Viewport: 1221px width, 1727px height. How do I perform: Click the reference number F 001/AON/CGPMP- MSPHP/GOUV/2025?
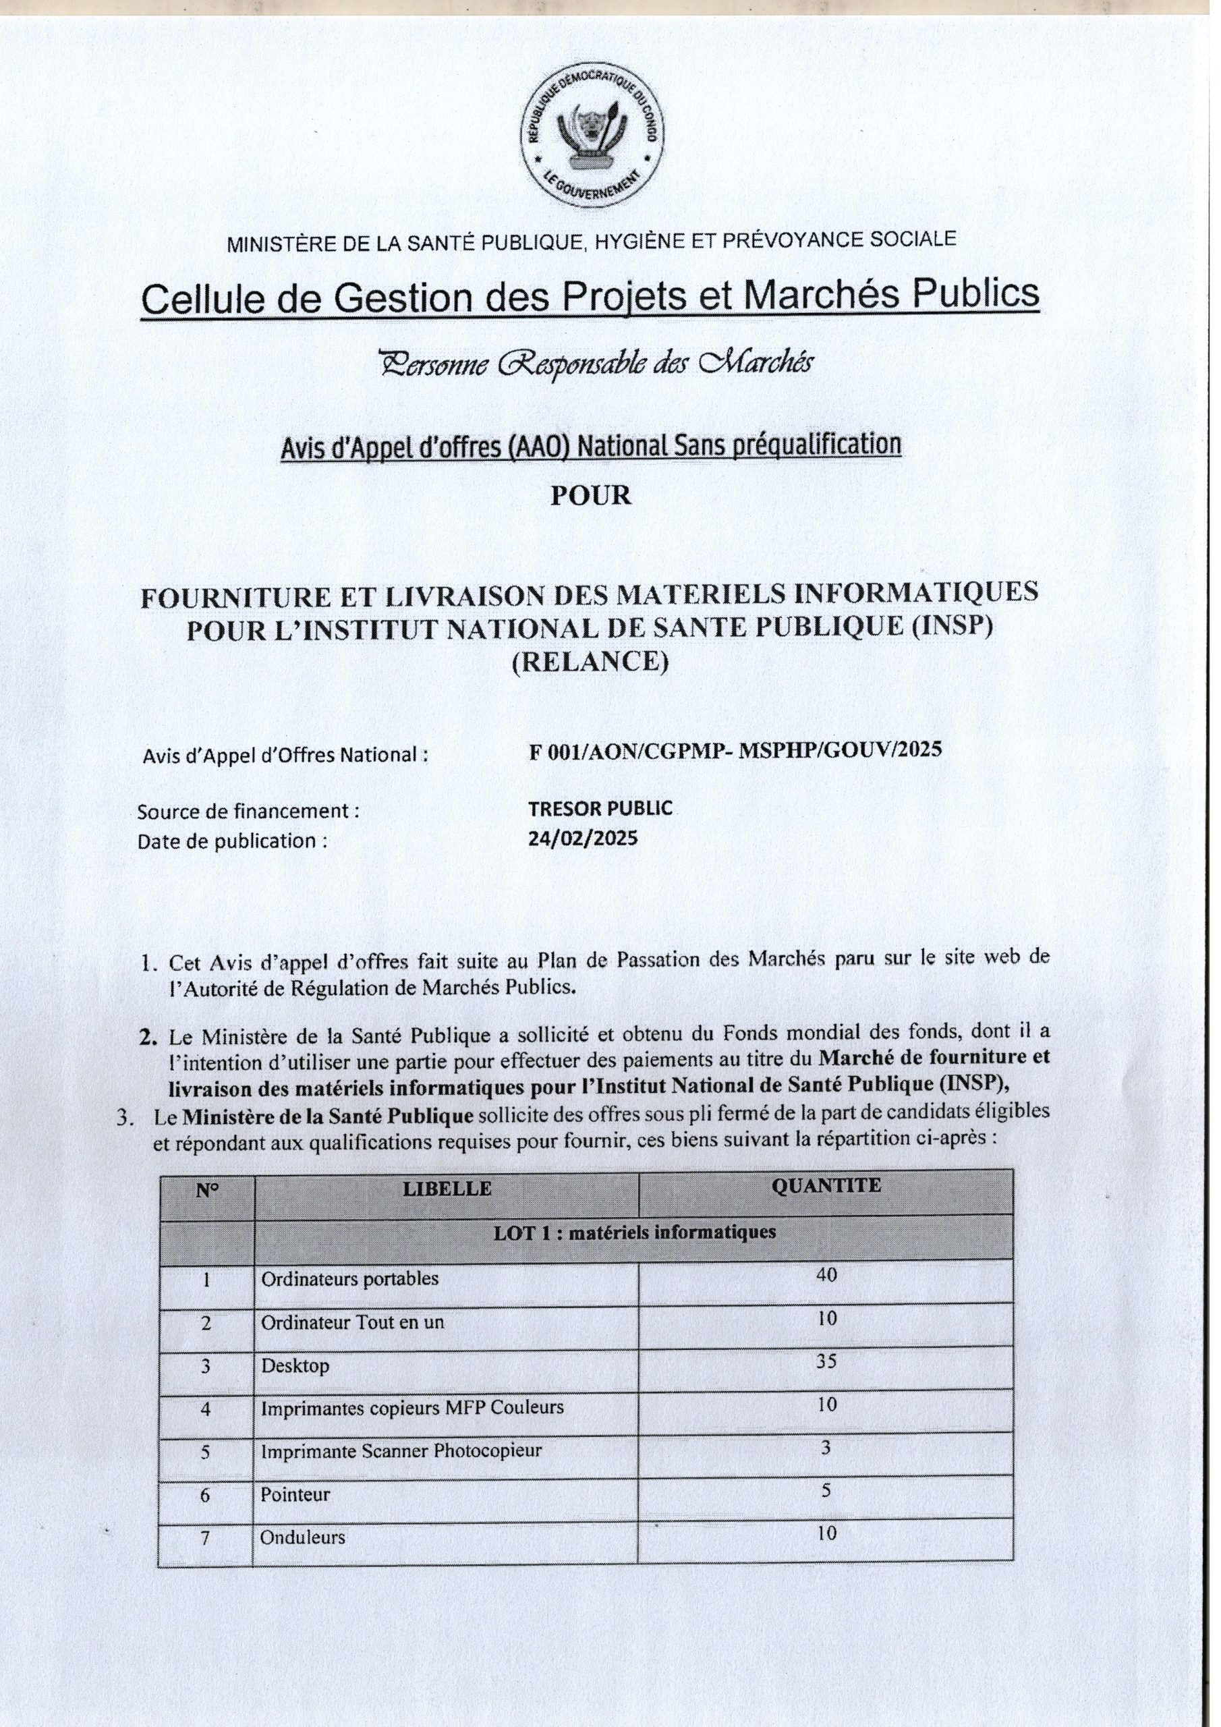[x=735, y=751]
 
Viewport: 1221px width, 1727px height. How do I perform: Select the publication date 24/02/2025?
[x=582, y=838]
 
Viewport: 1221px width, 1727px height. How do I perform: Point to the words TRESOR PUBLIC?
[x=600, y=809]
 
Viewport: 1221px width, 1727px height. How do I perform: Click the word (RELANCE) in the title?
[x=590, y=662]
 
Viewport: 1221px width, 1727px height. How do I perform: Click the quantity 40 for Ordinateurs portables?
[x=826, y=1275]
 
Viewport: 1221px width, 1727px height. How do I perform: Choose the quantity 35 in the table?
[x=826, y=1361]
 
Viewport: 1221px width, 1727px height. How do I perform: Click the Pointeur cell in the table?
[x=295, y=1494]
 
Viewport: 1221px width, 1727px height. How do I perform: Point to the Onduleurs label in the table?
[x=302, y=1537]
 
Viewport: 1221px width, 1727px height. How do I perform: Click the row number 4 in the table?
[x=205, y=1408]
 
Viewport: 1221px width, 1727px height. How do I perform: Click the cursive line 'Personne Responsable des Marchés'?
[x=595, y=364]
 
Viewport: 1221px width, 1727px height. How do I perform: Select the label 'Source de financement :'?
[x=248, y=812]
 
